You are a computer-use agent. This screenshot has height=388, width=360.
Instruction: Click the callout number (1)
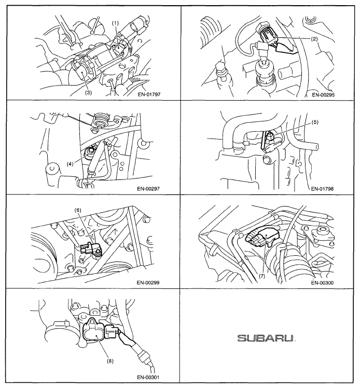tap(116, 23)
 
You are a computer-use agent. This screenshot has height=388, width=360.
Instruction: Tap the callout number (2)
tap(314, 38)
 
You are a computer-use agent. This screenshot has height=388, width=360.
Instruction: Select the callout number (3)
tap(89, 92)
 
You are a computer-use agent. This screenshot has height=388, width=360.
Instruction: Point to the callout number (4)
tap(70, 164)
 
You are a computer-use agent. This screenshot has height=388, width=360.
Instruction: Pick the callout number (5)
tap(315, 122)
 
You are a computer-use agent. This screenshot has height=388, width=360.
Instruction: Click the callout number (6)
tap(78, 210)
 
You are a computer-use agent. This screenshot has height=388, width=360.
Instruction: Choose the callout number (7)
tap(262, 276)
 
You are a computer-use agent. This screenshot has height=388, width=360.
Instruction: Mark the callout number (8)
tap(110, 361)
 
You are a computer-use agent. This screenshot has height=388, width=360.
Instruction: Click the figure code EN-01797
tap(149, 94)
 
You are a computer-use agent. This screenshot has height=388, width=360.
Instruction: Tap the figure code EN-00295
tap(323, 94)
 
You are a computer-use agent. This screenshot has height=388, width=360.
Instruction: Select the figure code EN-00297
tap(148, 189)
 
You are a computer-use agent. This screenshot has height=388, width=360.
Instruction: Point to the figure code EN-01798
tap(322, 189)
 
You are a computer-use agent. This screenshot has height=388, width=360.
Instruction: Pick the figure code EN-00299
tap(148, 283)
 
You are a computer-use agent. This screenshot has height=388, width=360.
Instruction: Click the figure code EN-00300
tap(322, 283)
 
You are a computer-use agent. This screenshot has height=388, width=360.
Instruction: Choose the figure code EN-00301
tap(148, 377)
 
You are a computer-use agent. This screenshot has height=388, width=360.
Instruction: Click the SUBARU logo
tap(267, 338)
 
